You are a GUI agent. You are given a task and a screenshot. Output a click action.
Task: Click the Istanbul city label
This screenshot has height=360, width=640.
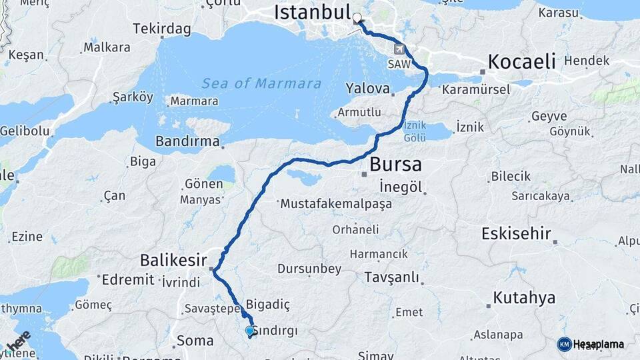pos(312,12)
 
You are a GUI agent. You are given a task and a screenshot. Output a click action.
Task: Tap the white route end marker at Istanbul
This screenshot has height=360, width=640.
pos(357,18)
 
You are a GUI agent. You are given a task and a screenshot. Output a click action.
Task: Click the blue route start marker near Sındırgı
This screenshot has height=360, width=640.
pos(250,331)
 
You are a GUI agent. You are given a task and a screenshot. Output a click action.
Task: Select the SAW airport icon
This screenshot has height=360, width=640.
pos(399,49)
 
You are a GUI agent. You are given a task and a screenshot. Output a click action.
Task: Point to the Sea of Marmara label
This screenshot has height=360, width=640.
pos(261,84)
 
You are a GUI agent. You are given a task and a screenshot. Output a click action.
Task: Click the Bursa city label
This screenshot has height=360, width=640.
pos(395,164)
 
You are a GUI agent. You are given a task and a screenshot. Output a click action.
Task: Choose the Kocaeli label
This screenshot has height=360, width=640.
pos(521,62)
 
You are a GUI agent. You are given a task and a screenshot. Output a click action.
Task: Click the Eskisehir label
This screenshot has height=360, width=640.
pos(517,233)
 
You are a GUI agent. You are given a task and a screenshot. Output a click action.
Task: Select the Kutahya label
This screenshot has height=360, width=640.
pos(524,297)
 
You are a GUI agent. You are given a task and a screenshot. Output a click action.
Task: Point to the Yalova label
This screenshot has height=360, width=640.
pos(367,88)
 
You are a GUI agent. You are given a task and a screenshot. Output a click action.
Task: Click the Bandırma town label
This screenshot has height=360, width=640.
pos(187,141)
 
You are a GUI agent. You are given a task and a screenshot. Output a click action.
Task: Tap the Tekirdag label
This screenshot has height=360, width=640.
pos(161,29)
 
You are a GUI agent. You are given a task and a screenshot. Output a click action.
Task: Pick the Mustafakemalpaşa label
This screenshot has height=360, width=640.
pos(336,204)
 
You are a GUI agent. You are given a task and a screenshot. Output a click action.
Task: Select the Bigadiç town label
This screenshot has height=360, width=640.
pos(268,304)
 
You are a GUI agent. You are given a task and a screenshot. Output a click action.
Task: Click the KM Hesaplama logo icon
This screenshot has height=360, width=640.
pos(565,344)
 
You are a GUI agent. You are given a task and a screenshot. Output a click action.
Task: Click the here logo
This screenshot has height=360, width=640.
pos(18,341)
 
